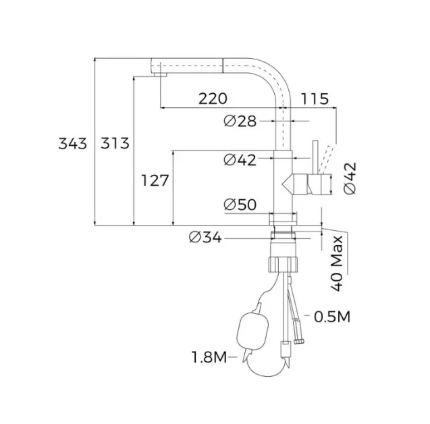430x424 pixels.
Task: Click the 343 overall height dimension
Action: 73,143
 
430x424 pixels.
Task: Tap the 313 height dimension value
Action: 115,143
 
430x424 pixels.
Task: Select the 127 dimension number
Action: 155,181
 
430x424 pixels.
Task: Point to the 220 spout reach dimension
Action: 213,99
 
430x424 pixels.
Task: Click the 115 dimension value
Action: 315,99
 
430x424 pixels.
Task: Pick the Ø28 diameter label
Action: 240,122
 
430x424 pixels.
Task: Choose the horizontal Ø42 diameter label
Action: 240,160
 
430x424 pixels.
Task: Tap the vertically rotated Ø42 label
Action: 350,178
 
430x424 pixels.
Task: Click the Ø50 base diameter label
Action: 240,205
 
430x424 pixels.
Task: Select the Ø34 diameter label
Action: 205,237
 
